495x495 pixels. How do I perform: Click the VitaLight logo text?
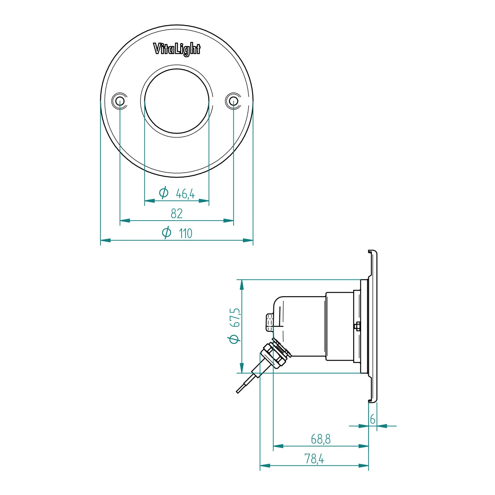177,49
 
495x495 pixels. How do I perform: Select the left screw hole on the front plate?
119,100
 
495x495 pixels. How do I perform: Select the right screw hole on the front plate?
233,100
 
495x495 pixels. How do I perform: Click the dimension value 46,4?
185,194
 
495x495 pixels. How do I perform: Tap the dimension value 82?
177,214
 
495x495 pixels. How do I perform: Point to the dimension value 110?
185,233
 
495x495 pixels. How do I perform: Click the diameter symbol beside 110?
167,232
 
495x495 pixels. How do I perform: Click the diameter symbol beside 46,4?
164,193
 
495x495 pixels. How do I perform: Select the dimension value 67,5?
235,318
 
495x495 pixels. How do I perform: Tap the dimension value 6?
373,419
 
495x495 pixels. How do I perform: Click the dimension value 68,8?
320,439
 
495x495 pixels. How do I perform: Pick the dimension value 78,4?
314,459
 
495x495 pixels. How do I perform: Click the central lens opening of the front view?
177,101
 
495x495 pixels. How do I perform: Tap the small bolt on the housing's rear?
269,322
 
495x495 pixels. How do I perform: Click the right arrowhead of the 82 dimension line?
229,221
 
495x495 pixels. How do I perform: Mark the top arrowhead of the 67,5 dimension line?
242,285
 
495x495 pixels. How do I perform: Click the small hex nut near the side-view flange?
357,326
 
